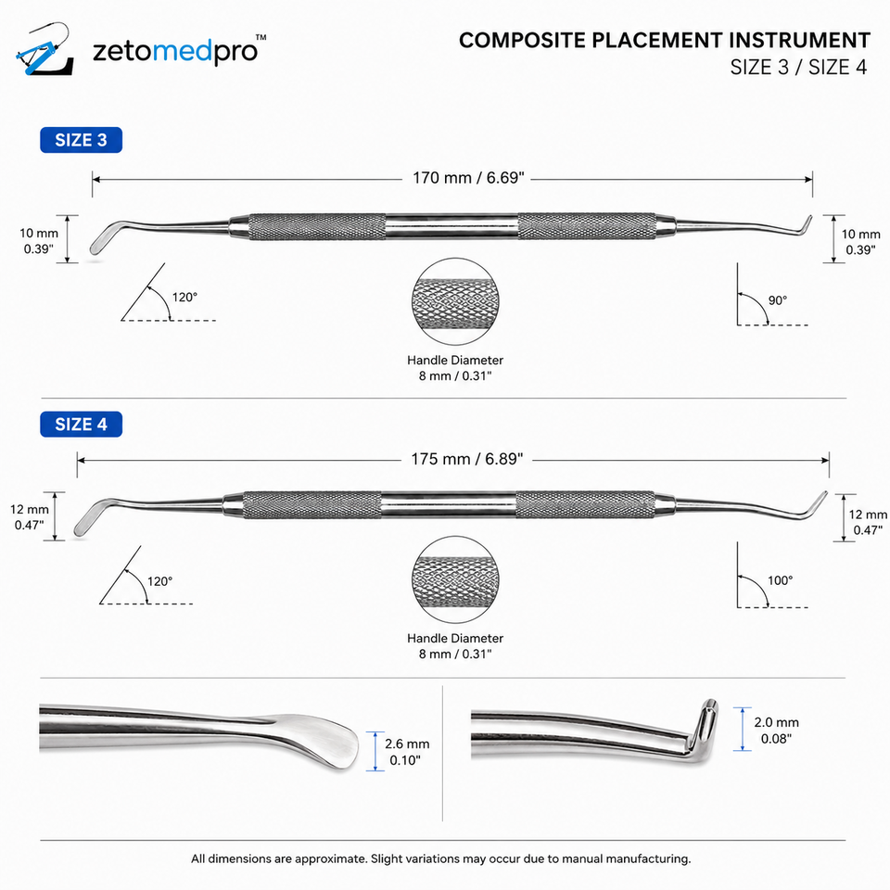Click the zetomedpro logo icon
(x=44, y=50)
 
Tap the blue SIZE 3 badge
(x=82, y=140)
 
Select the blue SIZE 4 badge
(x=82, y=424)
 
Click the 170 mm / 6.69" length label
(x=467, y=178)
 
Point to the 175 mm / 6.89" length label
(x=466, y=459)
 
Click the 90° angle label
(x=778, y=300)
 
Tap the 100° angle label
(x=780, y=580)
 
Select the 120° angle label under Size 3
(x=184, y=297)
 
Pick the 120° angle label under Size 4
(x=159, y=581)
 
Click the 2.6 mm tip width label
(x=407, y=744)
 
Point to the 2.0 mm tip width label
(x=776, y=722)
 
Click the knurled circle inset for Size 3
(x=455, y=301)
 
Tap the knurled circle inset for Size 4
(x=455, y=579)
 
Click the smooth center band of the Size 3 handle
(x=451, y=226)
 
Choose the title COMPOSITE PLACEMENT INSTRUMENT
(x=664, y=40)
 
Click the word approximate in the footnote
(x=331, y=858)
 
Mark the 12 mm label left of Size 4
(x=30, y=509)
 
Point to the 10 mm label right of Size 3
(x=860, y=234)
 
